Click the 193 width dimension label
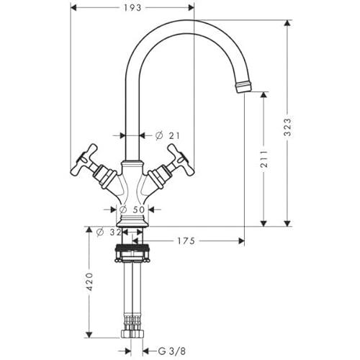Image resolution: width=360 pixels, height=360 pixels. (132, 8)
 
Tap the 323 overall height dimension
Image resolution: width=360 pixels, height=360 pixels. (287, 127)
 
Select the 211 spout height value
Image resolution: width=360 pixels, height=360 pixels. (264, 158)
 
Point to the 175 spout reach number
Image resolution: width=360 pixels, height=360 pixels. (186, 240)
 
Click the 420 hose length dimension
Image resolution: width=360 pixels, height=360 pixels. (89, 282)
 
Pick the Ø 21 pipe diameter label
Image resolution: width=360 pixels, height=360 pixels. (167, 135)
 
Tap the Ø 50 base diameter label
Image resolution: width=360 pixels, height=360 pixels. (132, 210)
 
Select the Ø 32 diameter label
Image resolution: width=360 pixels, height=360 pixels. (109, 232)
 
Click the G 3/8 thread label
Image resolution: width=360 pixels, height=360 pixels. (172, 351)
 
